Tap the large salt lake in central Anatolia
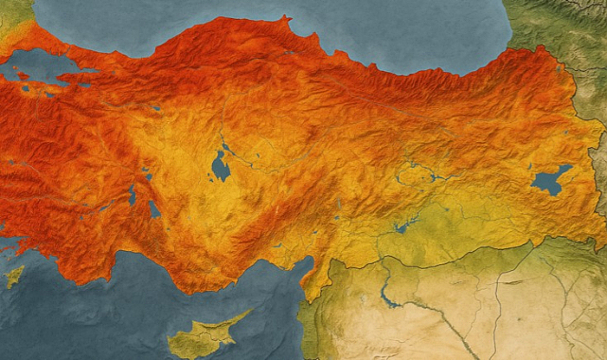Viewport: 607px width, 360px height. [x=221, y=168]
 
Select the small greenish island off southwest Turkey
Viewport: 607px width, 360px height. [x=13, y=277]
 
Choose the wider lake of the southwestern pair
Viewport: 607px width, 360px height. [x=154, y=209]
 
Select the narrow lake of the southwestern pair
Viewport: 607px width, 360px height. [x=133, y=194]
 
